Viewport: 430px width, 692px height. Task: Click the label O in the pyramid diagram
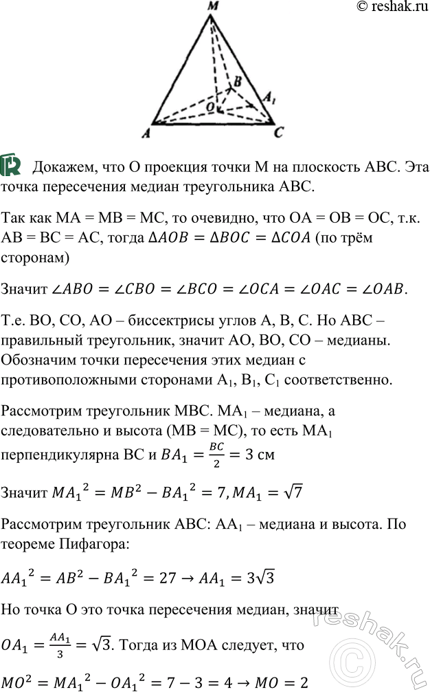tap(211, 107)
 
